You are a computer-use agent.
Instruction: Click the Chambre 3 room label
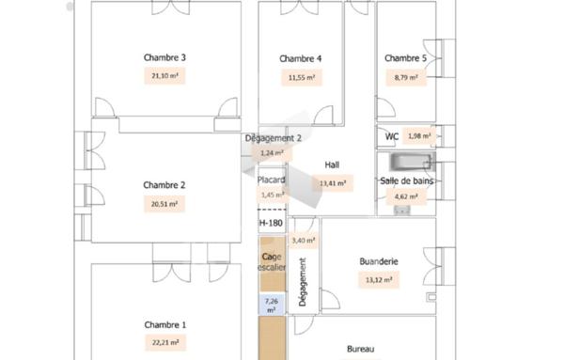[164, 58]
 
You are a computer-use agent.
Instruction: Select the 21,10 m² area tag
[164, 76]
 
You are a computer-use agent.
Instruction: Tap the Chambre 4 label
[301, 59]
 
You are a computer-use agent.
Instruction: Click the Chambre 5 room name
[405, 59]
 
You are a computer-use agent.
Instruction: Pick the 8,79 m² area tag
[406, 77]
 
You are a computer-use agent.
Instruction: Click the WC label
[392, 136]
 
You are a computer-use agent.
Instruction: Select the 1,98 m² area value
[418, 136]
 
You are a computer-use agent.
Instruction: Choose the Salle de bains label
[405, 180]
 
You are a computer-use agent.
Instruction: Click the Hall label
[331, 164]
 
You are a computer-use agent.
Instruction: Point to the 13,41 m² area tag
[334, 183]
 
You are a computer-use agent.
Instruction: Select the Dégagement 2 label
[273, 138]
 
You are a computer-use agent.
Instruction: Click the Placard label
[271, 180]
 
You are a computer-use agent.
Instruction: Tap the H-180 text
[271, 223]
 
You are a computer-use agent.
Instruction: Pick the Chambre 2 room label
[164, 185]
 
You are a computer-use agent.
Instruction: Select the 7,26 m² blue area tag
[271, 305]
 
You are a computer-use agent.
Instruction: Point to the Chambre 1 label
[164, 325]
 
